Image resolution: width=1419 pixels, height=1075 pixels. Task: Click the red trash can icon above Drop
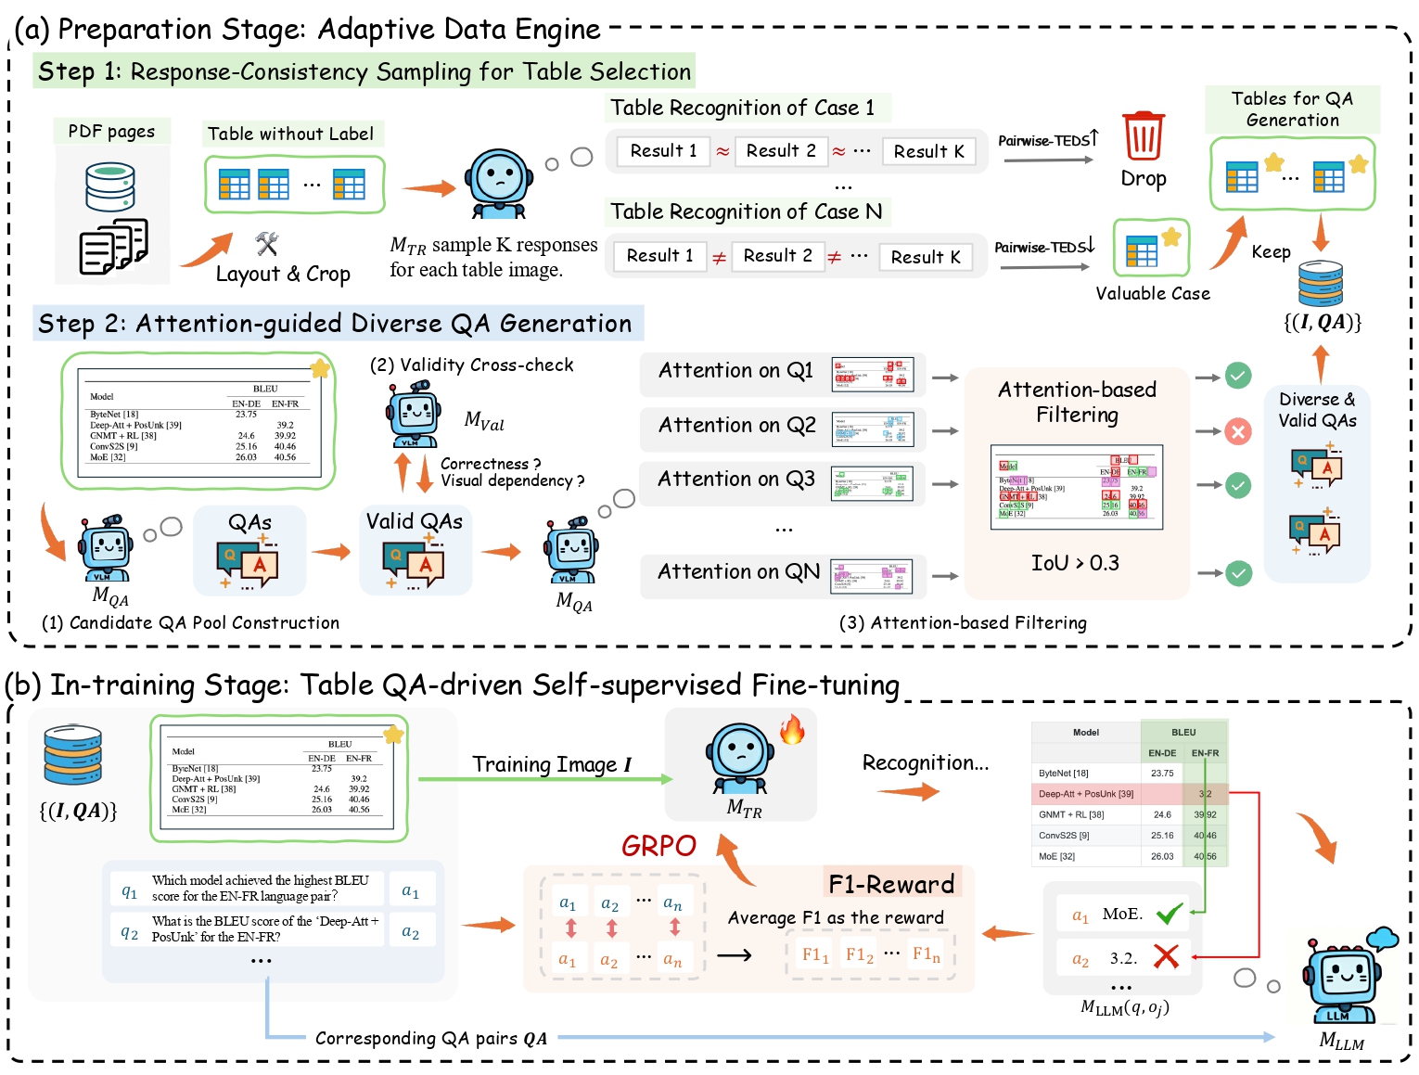click(x=1143, y=136)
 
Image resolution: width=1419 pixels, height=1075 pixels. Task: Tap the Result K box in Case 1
click(x=928, y=151)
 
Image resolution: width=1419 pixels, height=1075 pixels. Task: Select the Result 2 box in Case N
click(x=777, y=256)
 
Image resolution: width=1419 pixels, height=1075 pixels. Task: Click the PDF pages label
click(x=111, y=132)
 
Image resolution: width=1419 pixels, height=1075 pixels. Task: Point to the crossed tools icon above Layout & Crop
click(x=267, y=244)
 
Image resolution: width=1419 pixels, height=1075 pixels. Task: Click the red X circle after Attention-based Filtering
click(x=1238, y=431)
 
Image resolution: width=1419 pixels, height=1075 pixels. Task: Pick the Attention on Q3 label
click(x=736, y=480)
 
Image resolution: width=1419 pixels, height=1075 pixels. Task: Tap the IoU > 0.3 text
click(x=1075, y=563)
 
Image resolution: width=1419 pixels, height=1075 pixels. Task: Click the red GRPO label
click(x=658, y=846)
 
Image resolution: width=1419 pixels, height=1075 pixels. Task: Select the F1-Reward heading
click(x=891, y=884)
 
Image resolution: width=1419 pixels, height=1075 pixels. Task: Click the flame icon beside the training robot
click(x=792, y=729)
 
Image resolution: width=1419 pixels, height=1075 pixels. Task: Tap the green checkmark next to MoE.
click(x=1169, y=915)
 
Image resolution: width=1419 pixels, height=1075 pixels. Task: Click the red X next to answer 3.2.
click(x=1166, y=956)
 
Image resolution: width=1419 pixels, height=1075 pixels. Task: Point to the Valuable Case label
click(x=1153, y=294)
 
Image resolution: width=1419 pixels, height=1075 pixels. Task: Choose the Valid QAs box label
click(x=414, y=521)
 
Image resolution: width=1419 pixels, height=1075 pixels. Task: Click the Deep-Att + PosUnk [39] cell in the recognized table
click(x=1086, y=794)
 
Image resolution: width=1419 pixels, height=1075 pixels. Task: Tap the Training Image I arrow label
click(x=551, y=764)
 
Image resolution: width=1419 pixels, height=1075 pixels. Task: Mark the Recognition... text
click(x=925, y=762)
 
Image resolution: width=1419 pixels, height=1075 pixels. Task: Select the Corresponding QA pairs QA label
click(x=430, y=1038)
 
